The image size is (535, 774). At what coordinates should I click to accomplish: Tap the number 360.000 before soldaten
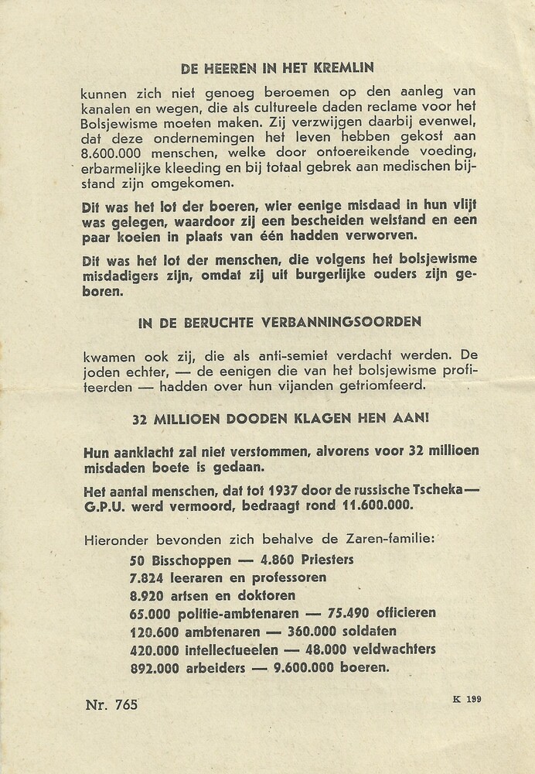305,632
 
